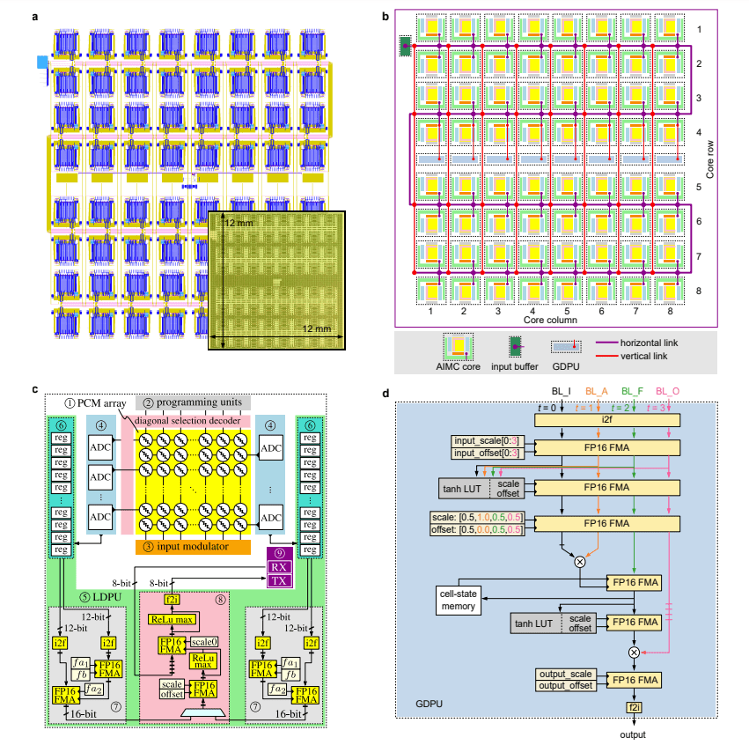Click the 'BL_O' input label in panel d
click(671, 389)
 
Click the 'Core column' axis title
click(550, 322)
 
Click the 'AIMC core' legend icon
click(458, 346)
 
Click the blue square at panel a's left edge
click(41, 62)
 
